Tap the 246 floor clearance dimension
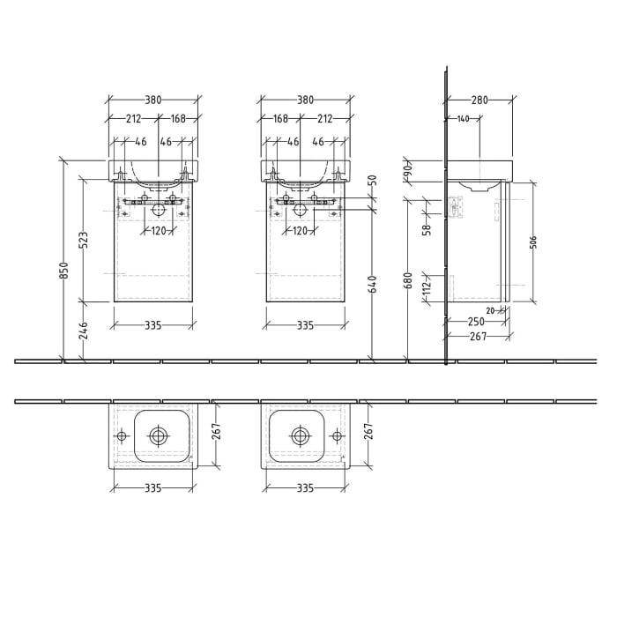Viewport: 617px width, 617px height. (84, 330)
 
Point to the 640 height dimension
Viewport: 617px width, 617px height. (372, 284)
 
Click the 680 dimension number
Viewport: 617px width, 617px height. (407, 280)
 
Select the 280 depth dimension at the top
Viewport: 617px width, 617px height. (479, 100)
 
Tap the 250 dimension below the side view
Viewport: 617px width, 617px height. (476, 322)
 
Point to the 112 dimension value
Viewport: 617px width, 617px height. (427, 286)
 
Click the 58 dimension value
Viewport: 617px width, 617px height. (427, 230)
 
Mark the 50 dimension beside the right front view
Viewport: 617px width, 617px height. (372, 181)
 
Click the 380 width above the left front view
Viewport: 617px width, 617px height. (153, 100)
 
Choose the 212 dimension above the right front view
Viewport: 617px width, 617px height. (324, 118)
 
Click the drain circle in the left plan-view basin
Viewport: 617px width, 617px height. (158, 435)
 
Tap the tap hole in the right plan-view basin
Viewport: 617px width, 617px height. (337, 435)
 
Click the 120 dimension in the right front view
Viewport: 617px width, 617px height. (301, 231)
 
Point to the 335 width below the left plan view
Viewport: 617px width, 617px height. (153, 487)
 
